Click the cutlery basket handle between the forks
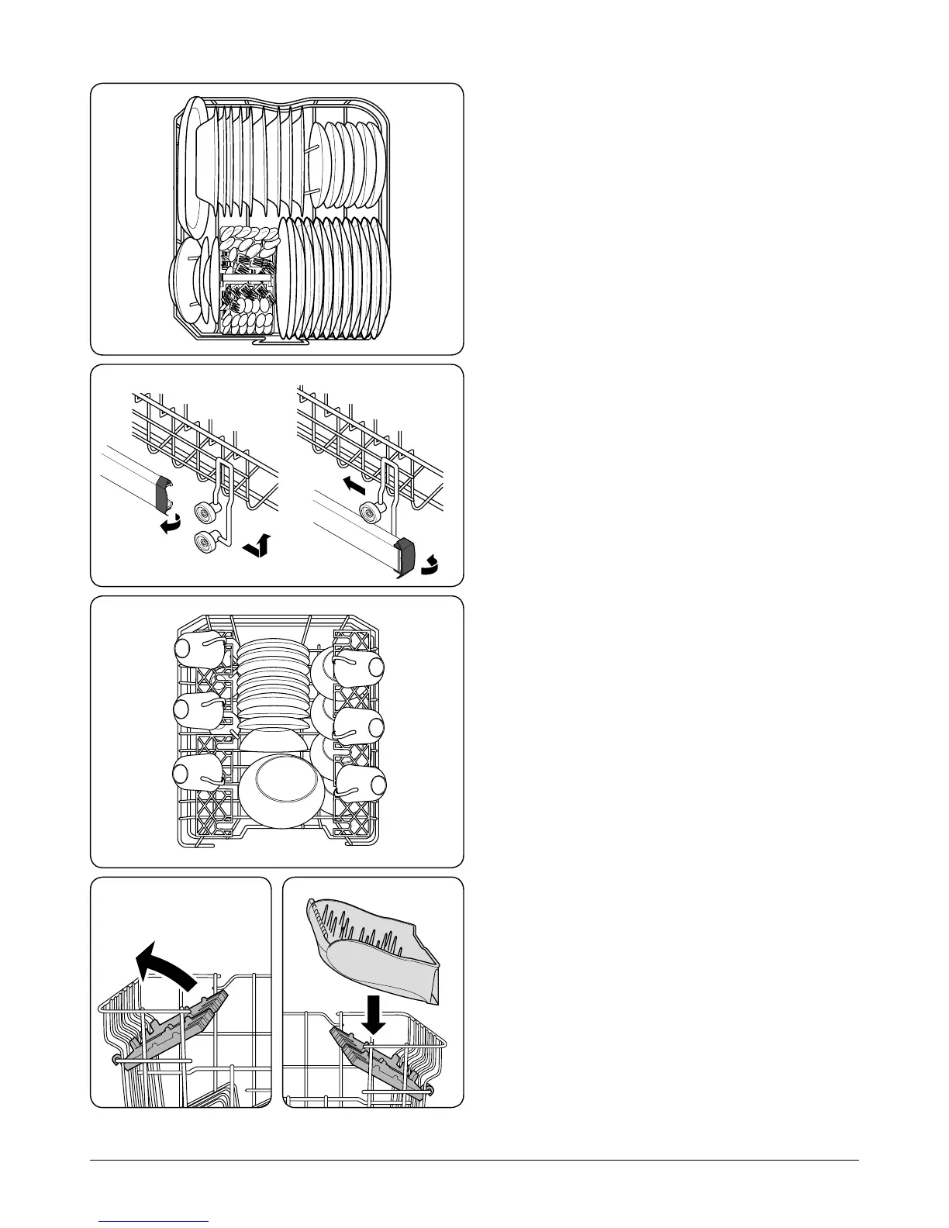pos(247,277)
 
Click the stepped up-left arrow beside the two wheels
pos(257,547)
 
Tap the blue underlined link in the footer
pos(154,1221)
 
